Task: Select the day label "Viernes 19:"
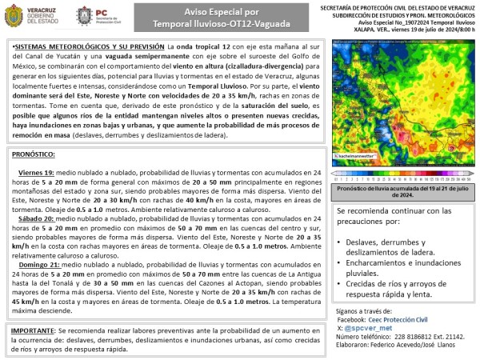pyautogui.click(x=36, y=172)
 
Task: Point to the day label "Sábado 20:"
pyautogui.click(x=35, y=217)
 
